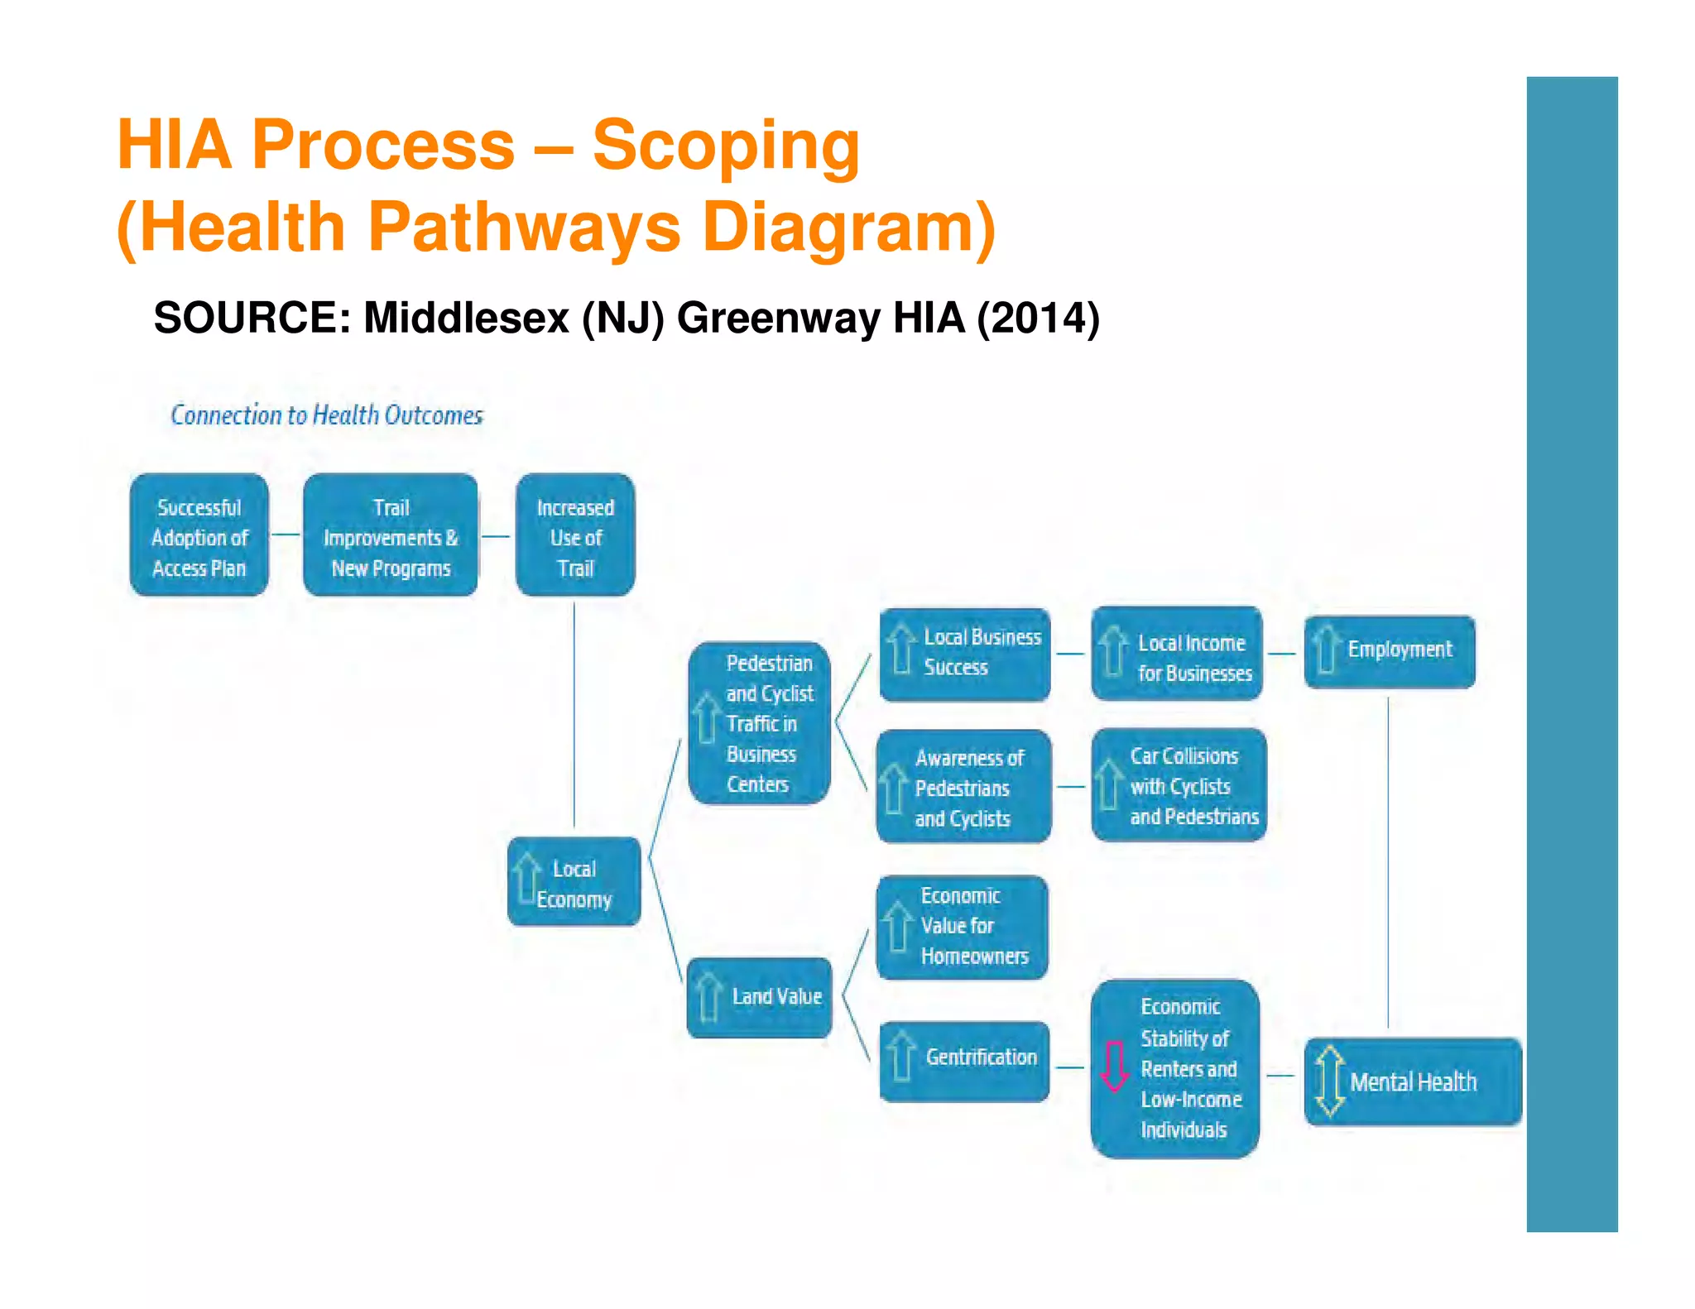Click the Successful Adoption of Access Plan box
(199, 535)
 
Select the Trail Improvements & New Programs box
(390, 535)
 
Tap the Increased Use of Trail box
(575, 535)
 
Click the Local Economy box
(574, 882)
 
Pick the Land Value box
(759, 997)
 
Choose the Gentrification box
(964, 1061)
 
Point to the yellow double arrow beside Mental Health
(1329, 1081)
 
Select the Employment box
(1390, 651)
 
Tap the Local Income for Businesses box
(1176, 654)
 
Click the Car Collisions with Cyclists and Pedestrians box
(1179, 785)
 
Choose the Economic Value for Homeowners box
(962, 927)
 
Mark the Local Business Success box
(964, 654)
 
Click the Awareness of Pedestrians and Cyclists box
(963, 787)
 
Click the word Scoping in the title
(726, 146)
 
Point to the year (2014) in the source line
(1038, 319)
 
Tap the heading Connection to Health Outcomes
(327, 415)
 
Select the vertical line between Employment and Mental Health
(1388, 861)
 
